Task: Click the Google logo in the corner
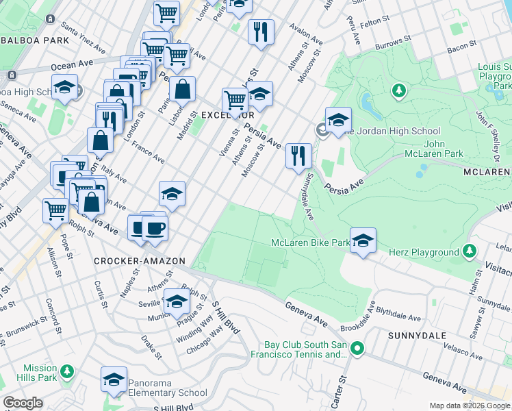(22, 403)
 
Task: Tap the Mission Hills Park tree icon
(66, 371)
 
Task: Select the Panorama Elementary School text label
(168, 393)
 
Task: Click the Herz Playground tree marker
(470, 252)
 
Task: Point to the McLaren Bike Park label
(309, 243)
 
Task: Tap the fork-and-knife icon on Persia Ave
(298, 155)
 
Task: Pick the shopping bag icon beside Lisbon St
(183, 88)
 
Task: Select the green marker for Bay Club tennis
(357, 349)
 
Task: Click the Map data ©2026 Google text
(469, 406)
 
